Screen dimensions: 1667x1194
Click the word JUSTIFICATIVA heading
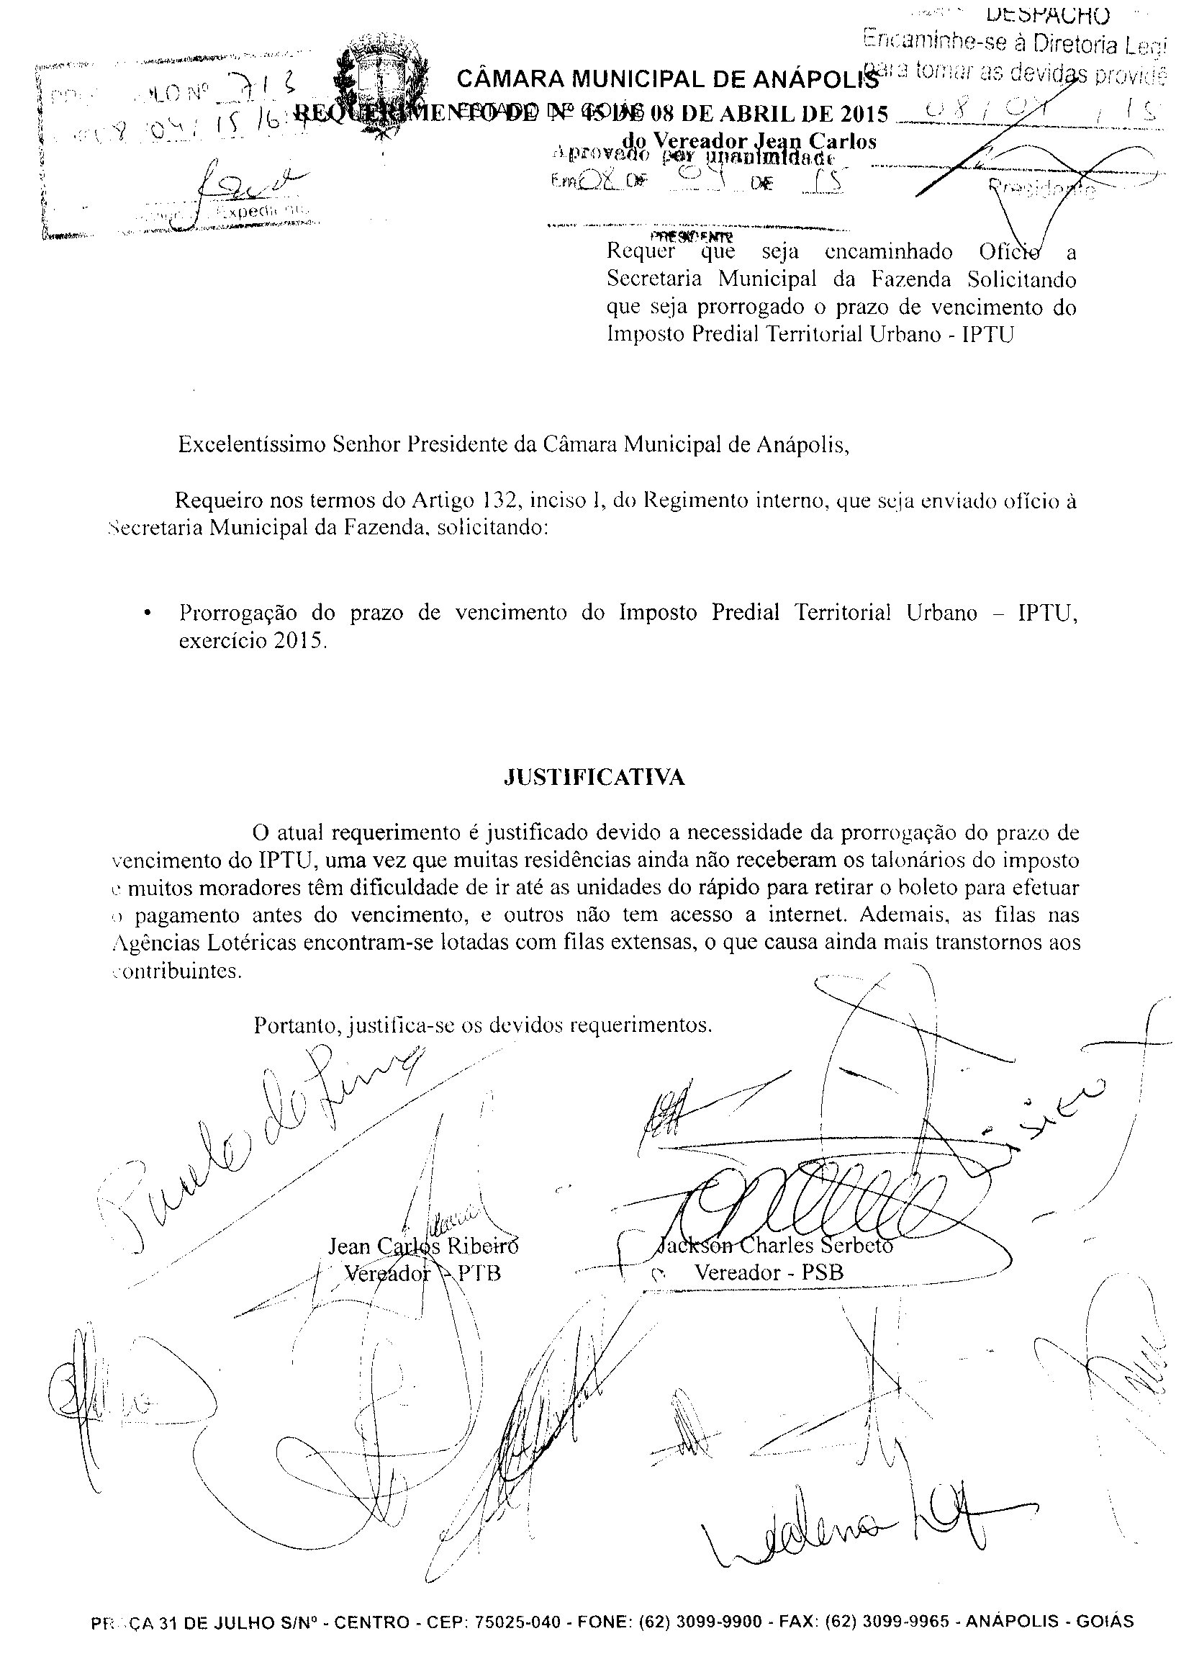point(594,778)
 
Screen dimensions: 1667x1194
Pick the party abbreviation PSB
point(822,1272)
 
